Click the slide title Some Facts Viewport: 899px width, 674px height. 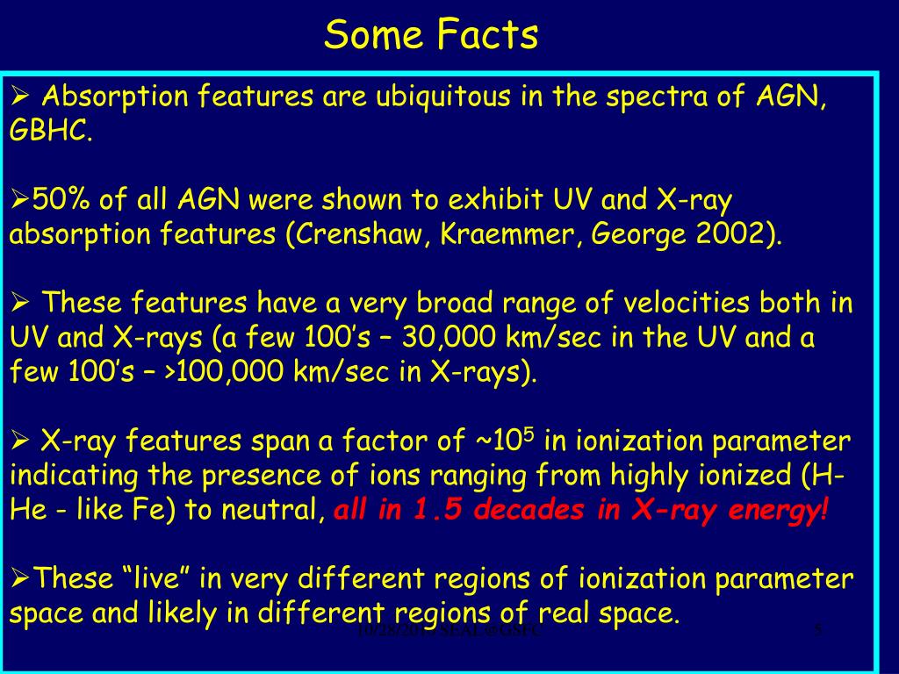coord(430,35)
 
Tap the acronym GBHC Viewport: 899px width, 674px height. coord(49,133)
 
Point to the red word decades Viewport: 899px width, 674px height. coord(532,511)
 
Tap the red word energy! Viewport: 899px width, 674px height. coord(776,511)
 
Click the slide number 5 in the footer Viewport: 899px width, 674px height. coord(818,628)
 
